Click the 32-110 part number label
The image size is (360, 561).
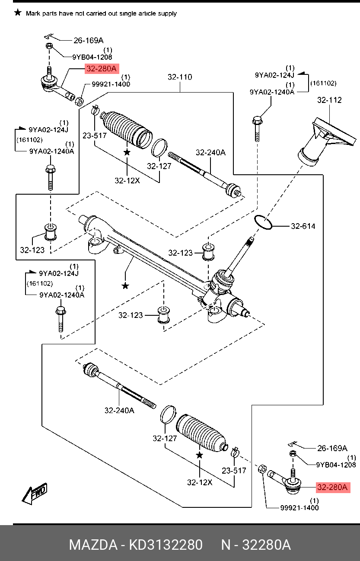[x=180, y=77]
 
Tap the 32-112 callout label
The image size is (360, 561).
[x=329, y=100]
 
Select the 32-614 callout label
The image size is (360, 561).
[x=303, y=226]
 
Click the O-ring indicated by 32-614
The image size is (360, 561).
[x=263, y=222]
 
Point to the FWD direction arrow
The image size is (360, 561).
[x=35, y=494]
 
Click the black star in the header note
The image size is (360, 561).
[x=17, y=13]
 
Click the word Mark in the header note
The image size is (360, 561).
[x=33, y=13]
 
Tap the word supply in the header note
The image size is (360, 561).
[x=167, y=13]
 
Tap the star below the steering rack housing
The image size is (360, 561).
[x=125, y=286]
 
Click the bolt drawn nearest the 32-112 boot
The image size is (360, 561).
[x=257, y=128]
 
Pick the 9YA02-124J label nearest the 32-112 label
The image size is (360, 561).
[x=274, y=74]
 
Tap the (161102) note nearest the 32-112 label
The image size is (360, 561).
[x=324, y=83]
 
